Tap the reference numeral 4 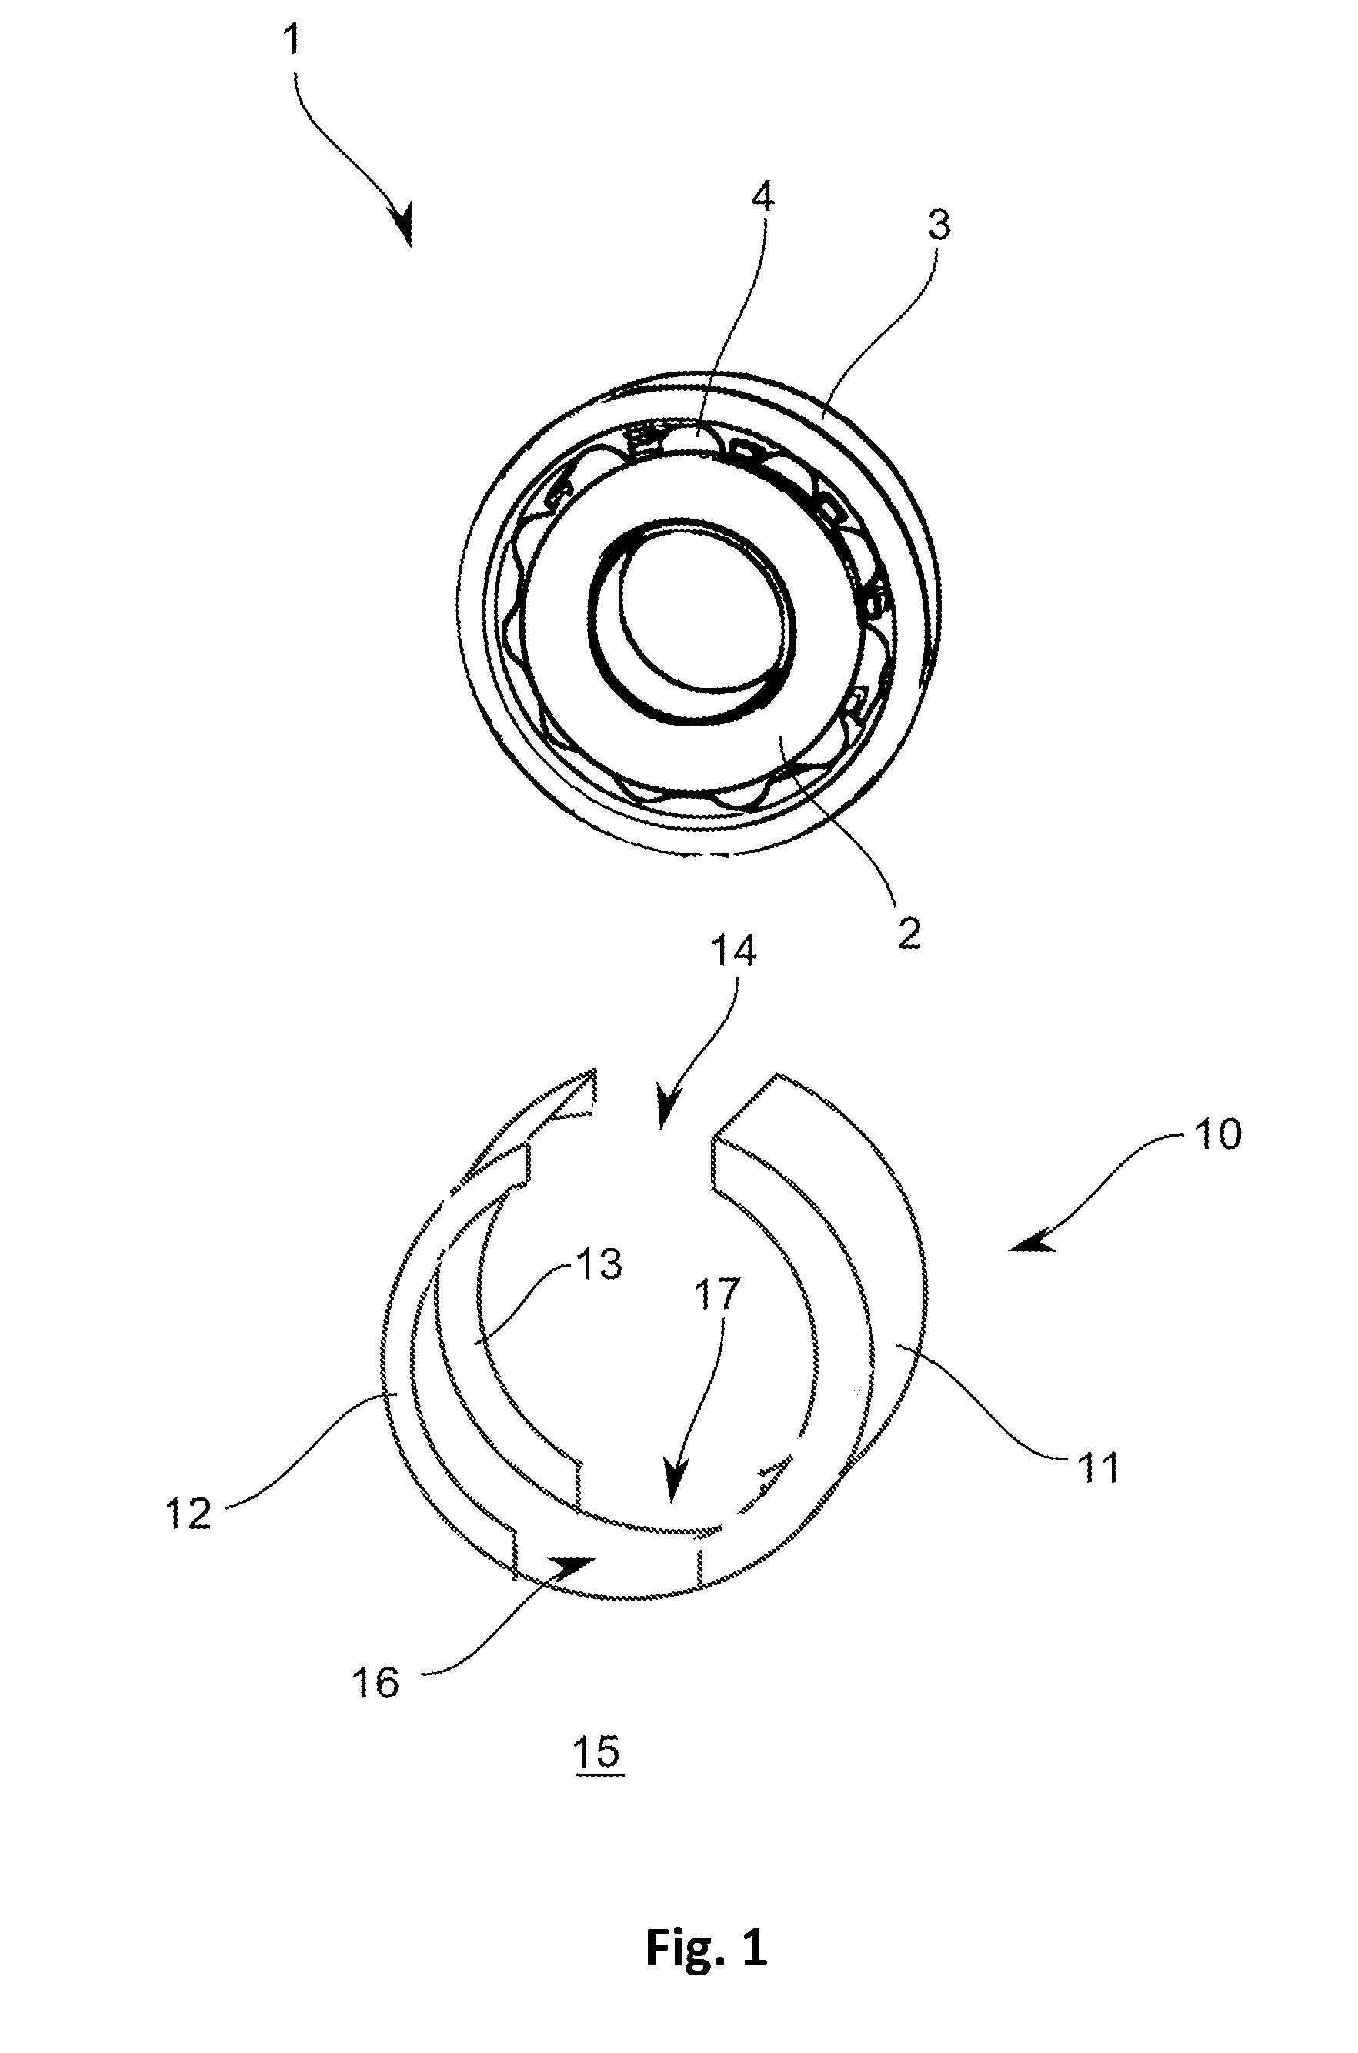762,199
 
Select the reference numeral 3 939,225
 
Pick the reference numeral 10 1217,1134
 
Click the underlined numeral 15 599,1751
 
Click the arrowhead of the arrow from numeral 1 404,226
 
